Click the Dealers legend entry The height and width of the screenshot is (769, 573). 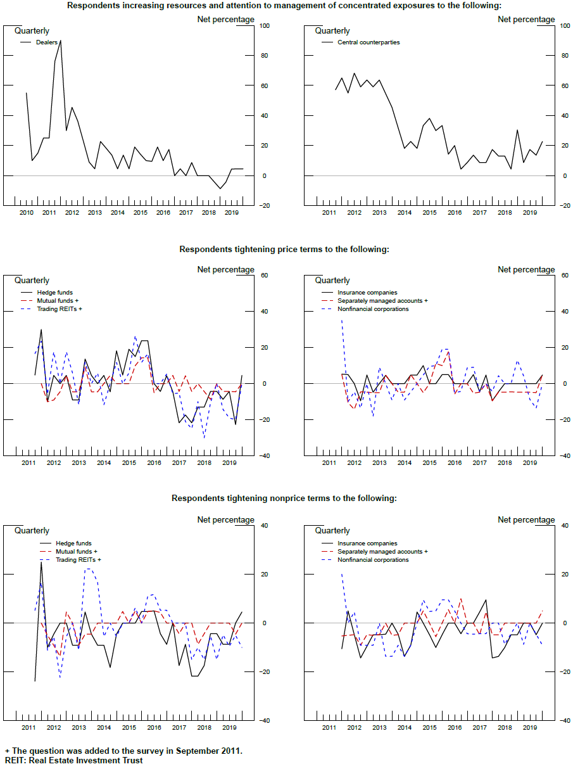point(46,42)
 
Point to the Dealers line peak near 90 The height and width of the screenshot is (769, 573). point(60,41)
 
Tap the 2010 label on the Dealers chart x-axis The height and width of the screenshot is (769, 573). point(26,213)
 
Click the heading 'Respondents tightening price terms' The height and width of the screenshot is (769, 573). point(284,250)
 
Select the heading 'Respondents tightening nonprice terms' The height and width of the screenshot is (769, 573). point(284,499)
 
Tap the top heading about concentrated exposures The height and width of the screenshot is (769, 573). point(284,6)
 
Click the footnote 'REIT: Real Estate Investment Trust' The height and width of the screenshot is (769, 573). point(74,760)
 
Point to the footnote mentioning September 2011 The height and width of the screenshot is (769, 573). point(123,751)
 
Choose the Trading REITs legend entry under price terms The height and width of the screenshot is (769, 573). point(60,308)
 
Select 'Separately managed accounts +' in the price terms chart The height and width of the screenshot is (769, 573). point(382,301)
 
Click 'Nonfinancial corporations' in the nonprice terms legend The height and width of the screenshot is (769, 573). point(373,560)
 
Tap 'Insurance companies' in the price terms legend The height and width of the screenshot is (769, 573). point(367,293)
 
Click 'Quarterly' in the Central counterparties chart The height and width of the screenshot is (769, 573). point(332,31)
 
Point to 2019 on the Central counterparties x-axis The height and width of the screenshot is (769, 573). point(530,213)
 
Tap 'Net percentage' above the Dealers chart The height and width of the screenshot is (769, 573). point(225,20)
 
